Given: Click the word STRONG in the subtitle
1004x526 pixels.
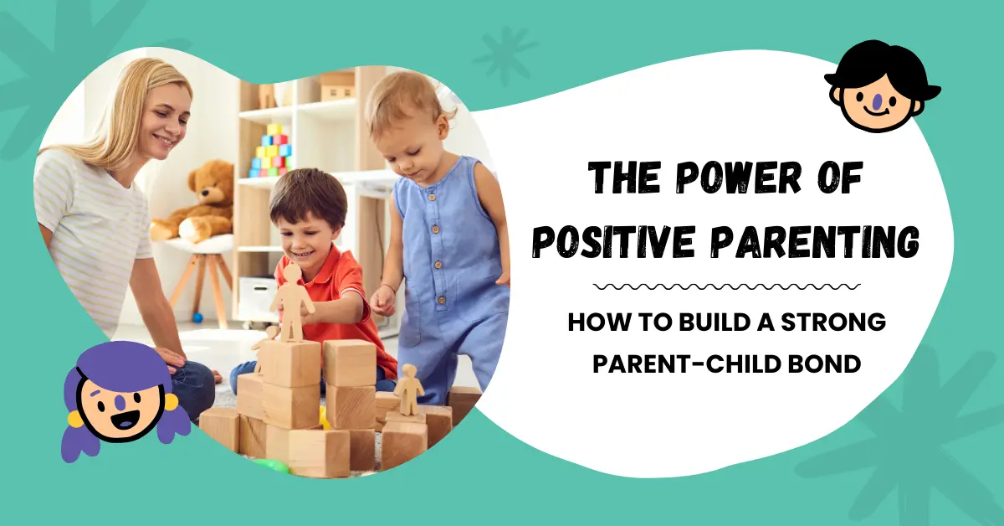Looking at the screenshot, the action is tap(833, 322).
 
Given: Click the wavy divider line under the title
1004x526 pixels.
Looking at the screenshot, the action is tap(726, 286).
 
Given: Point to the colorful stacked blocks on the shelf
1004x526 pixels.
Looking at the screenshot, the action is tap(272, 151).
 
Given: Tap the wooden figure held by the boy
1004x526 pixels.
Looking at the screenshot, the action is tap(291, 302).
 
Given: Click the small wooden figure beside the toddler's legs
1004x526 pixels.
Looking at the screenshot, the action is tap(408, 389).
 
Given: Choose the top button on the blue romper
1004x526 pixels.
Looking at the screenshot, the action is tap(432, 197).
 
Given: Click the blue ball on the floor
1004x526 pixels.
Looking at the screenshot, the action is tap(197, 317).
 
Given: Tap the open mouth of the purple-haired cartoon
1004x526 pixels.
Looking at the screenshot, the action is tap(123, 421).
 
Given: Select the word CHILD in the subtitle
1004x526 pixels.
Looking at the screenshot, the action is tap(742, 364).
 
